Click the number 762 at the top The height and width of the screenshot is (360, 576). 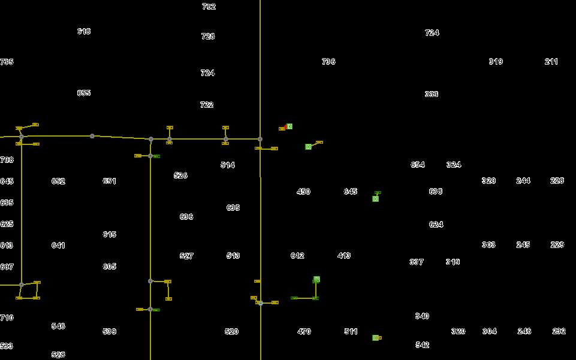click(209, 7)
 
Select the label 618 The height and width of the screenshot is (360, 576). click(84, 31)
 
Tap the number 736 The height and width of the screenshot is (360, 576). click(328, 62)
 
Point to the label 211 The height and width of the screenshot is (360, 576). click(551, 62)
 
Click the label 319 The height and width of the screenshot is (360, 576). click(496, 62)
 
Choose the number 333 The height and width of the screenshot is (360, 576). click(432, 94)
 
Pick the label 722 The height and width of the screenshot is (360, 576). click(207, 105)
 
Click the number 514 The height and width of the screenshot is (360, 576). click(228, 165)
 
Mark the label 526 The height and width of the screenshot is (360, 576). click(180, 176)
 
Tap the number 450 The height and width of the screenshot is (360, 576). click(303, 192)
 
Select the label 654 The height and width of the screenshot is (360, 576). click(418, 165)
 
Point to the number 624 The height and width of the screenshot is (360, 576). click(436, 225)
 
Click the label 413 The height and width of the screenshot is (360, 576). click(344, 256)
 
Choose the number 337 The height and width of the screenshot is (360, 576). click(417, 262)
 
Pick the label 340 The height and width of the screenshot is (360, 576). click(422, 316)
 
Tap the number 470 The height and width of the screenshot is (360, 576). click(304, 331)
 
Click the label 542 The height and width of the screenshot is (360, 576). click(422, 345)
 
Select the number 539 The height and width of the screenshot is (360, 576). click(109, 331)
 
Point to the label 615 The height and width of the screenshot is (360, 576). click(109, 235)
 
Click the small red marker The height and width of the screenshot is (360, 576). click(282, 128)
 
